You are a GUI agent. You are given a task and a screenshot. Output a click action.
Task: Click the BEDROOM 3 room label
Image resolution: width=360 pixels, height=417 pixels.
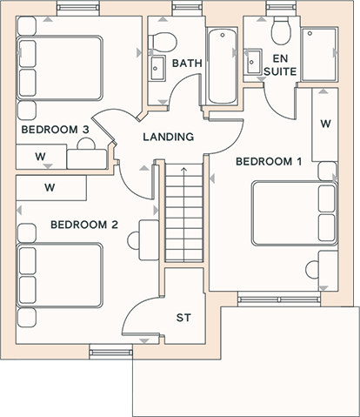coord(55,130)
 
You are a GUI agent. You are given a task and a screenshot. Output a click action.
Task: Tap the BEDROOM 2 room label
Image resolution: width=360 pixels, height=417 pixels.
coord(84,225)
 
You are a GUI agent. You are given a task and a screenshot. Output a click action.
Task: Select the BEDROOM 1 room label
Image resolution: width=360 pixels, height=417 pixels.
coord(269,161)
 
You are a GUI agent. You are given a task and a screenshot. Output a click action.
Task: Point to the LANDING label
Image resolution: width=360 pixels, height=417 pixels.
coord(169,137)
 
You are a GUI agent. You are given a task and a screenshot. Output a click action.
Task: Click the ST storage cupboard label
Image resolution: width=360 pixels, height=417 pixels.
coord(183,318)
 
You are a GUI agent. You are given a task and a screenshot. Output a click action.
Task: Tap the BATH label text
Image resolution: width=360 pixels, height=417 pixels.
coord(187,64)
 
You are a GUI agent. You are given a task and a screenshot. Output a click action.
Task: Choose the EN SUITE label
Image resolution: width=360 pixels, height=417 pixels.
coord(280,65)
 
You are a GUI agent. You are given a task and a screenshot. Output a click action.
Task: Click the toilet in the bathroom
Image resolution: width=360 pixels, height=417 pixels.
coord(163,42)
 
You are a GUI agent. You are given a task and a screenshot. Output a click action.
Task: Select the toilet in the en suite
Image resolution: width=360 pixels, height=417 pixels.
coord(281,30)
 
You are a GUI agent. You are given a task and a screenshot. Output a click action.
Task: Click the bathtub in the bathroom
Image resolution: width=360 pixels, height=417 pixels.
coord(223,66)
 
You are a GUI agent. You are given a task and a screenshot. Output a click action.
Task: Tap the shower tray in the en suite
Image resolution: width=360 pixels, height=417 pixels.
coord(319,54)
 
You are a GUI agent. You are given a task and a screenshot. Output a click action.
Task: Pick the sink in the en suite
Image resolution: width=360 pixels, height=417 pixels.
coord(253,62)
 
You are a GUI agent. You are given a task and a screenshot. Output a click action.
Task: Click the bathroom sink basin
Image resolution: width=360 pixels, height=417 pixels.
coord(157,68)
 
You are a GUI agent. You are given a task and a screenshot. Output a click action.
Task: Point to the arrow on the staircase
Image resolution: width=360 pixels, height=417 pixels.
coord(183,214)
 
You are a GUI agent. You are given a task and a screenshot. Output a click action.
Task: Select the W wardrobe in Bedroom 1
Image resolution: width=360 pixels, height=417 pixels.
coord(325,124)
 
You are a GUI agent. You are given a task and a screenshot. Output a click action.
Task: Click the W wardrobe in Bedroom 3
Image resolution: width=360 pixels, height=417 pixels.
coord(41,157)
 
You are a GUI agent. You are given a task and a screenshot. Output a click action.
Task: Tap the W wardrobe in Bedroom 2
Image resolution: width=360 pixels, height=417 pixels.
coord(51,188)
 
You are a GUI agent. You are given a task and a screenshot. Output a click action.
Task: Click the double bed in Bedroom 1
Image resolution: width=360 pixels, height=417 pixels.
coord(295,213)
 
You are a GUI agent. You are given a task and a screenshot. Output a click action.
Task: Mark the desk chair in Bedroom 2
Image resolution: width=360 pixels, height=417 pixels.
coord(133,240)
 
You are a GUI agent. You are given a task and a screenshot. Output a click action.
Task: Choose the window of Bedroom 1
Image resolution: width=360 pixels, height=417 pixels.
coord(279,299)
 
